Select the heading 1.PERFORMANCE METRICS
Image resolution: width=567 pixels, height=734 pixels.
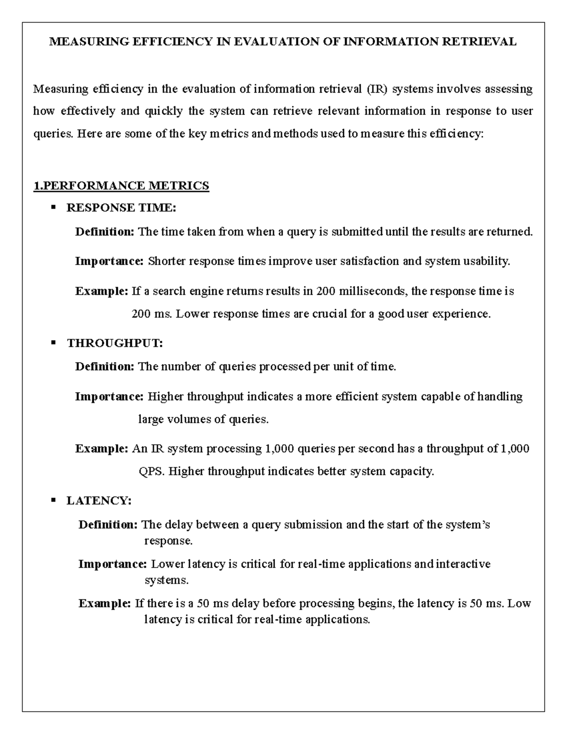click(121, 186)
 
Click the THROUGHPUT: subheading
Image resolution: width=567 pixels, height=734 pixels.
click(115, 344)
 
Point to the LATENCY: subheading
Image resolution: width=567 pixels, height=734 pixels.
click(99, 501)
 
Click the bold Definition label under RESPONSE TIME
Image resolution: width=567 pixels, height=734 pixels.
click(105, 232)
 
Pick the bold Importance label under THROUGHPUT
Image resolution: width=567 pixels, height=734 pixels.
click(109, 397)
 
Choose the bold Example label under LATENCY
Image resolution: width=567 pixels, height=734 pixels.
click(104, 604)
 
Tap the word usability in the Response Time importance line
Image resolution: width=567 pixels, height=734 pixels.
click(486, 262)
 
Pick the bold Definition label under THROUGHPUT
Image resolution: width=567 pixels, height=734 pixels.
click(105, 367)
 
